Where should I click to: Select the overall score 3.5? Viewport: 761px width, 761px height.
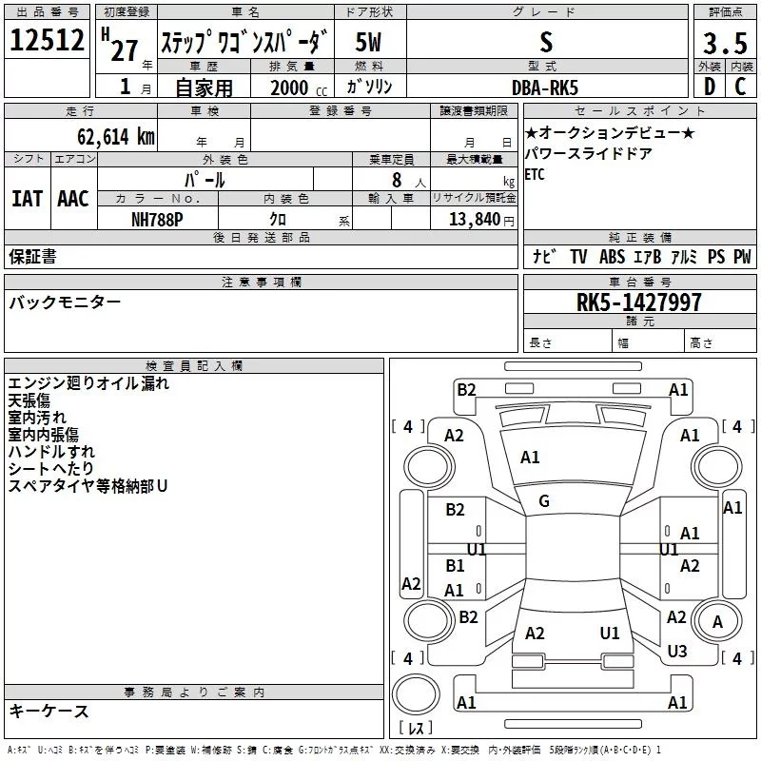724,44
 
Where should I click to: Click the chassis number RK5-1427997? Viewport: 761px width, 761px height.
639,302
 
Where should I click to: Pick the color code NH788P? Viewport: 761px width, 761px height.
158,219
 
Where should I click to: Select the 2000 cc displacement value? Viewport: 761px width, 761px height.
289,88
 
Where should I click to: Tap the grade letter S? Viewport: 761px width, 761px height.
545,42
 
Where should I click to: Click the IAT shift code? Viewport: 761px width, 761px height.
27,198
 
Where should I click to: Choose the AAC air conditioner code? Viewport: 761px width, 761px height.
73,198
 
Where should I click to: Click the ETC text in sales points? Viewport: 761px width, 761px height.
535,175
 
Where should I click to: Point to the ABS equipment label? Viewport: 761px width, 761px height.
614,257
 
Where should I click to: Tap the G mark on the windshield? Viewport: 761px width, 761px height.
544,500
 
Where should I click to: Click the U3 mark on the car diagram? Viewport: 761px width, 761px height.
676,652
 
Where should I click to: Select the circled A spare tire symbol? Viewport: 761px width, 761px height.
717,622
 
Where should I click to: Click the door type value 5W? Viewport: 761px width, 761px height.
369,44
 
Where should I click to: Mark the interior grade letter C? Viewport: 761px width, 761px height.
739,87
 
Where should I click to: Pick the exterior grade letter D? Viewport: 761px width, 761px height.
710,87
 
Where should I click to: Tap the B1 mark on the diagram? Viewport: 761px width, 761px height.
456,566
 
